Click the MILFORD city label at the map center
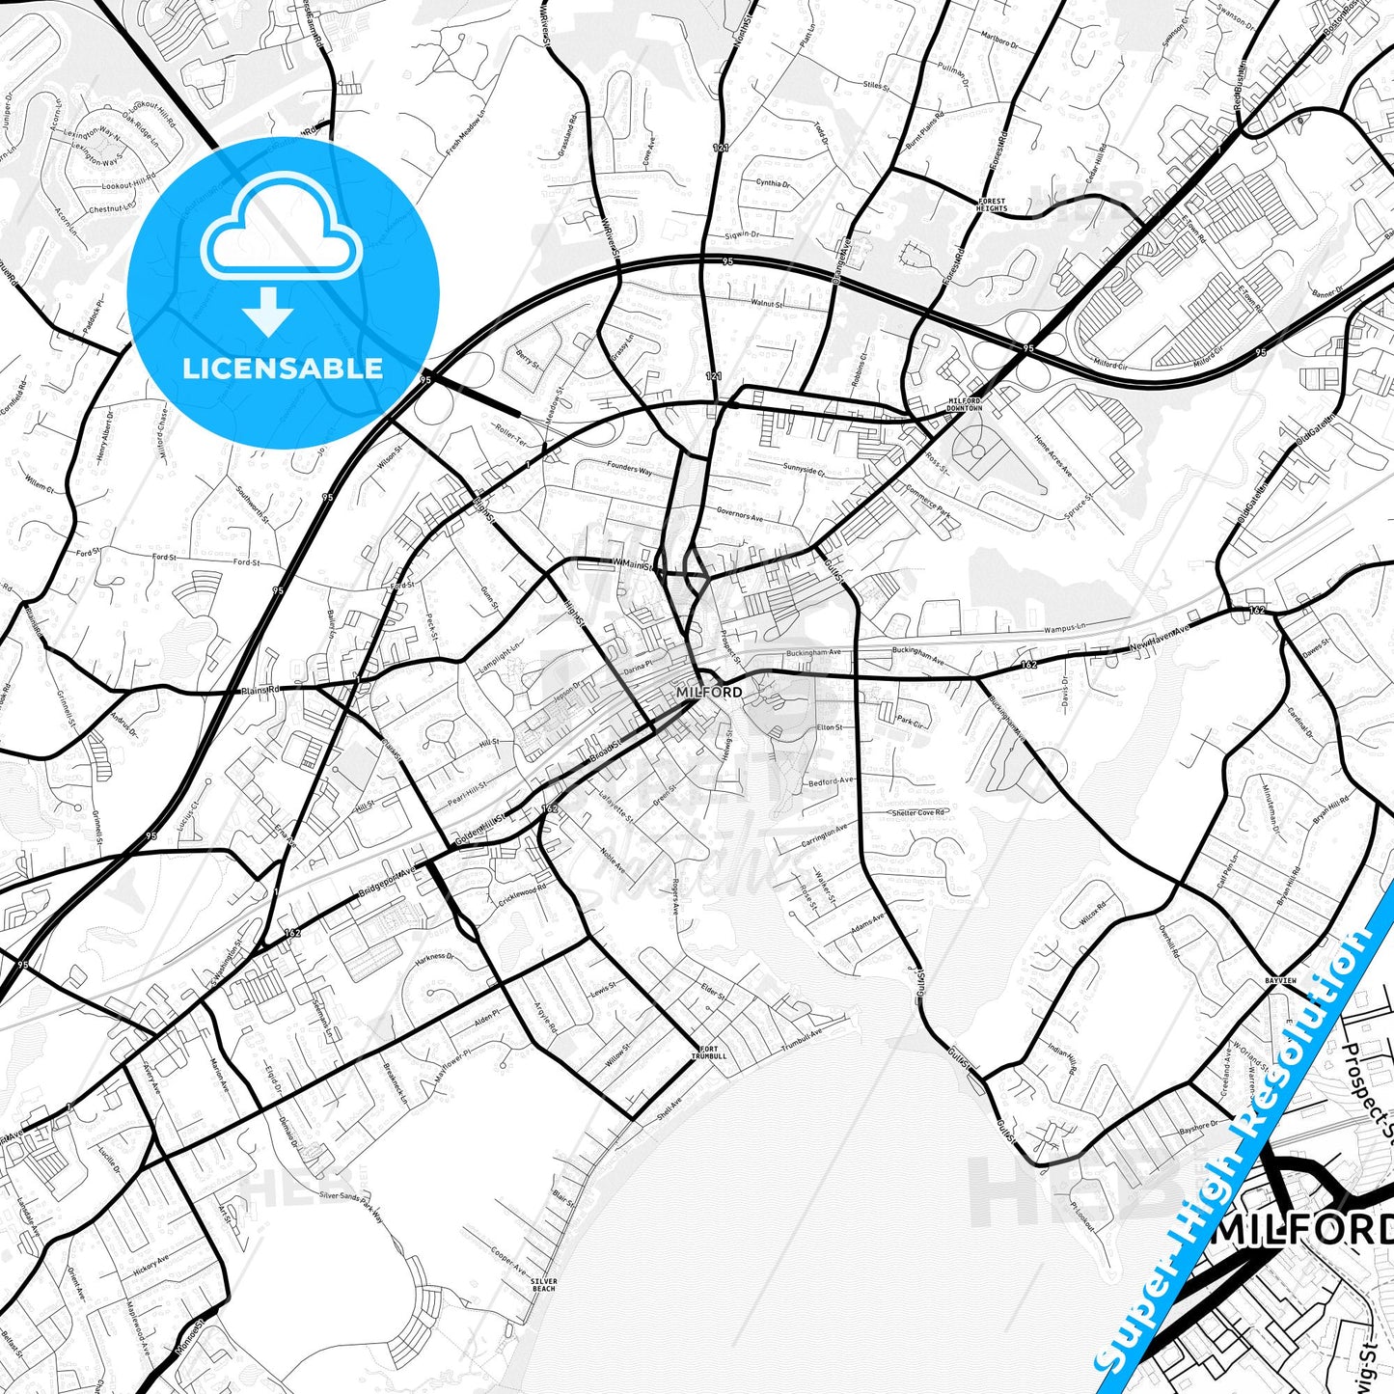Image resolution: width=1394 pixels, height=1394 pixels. click(709, 693)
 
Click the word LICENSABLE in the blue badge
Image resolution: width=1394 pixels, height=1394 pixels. click(283, 368)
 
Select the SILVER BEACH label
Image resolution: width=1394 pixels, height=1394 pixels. click(544, 1285)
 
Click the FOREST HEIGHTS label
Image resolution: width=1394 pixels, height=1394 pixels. click(992, 205)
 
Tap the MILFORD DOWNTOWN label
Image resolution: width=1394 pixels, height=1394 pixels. click(965, 404)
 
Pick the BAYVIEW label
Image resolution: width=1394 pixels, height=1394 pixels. click(1281, 980)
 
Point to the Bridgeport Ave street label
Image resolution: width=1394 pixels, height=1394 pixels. click(387, 880)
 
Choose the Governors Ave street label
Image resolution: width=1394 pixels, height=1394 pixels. click(740, 515)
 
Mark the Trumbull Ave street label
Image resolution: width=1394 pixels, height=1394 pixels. click(802, 1040)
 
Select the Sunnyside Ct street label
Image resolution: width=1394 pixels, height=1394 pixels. click(805, 470)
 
